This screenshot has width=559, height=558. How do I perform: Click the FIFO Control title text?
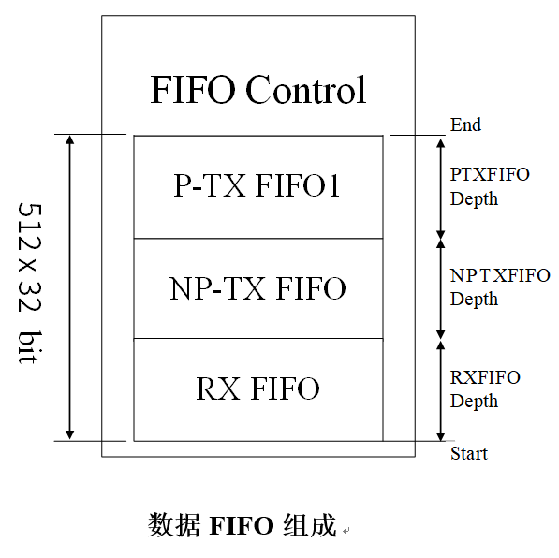258,89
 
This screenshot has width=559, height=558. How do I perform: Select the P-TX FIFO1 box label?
257,185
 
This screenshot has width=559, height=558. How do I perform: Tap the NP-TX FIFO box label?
257,288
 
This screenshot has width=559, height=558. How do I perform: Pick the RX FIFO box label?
257,389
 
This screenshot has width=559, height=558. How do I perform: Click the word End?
465,125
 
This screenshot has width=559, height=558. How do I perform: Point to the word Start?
469,453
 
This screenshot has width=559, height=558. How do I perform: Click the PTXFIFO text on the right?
490,175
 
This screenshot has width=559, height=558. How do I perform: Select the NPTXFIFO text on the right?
500,275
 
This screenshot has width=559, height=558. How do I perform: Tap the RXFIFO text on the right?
485,377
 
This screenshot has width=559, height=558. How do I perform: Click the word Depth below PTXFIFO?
474,199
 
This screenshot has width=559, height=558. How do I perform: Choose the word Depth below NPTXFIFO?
474,300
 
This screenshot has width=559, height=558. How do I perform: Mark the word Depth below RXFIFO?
474,401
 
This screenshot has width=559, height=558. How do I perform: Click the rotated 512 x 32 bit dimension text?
30,284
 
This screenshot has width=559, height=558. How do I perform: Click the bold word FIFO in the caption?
242,525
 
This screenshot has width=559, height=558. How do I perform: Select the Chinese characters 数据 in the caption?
173,525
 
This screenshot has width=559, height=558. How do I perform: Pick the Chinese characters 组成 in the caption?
310,525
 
